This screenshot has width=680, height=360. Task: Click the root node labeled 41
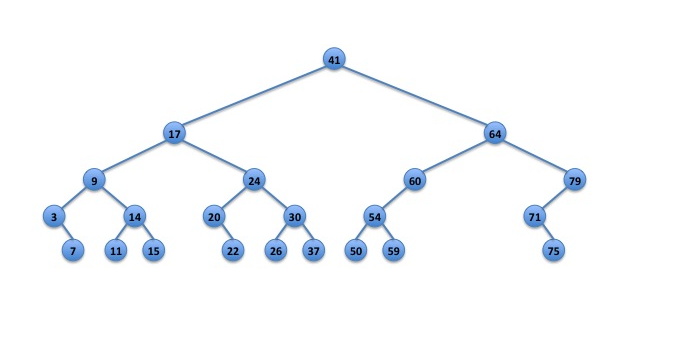click(x=334, y=59)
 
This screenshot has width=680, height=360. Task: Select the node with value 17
click(x=174, y=133)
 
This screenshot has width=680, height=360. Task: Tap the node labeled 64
click(x=495, y=133)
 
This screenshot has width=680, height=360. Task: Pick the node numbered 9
click(x=94, y=180)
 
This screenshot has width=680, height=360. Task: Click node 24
click(x=254, y=180)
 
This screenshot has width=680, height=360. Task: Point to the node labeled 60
click(x=415, y=180)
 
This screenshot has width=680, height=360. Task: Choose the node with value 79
click(x=575, y=180)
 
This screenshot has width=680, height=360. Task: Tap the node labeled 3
click(x=54, y=216)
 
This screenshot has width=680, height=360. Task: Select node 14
click(x=134, y=216)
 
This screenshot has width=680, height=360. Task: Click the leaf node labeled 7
click(x=73, y=250)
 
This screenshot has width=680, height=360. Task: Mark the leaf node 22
click(x=233, y=250)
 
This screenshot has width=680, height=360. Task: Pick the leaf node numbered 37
click(x=314, y=250)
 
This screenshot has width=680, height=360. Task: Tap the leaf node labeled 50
click(x=356, y=250)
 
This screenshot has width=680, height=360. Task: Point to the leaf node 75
click(x=553, y=250)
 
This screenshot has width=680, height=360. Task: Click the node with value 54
click(x=375, y=216)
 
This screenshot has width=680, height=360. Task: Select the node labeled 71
click(x=535, y=216)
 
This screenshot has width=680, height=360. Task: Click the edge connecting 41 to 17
click(x=254, y=96)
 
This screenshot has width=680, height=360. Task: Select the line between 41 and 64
click(x=415, y=96)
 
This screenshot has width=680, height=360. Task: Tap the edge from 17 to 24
click(x=214, y=157)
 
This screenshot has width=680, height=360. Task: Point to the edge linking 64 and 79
click(x=535, y=157)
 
